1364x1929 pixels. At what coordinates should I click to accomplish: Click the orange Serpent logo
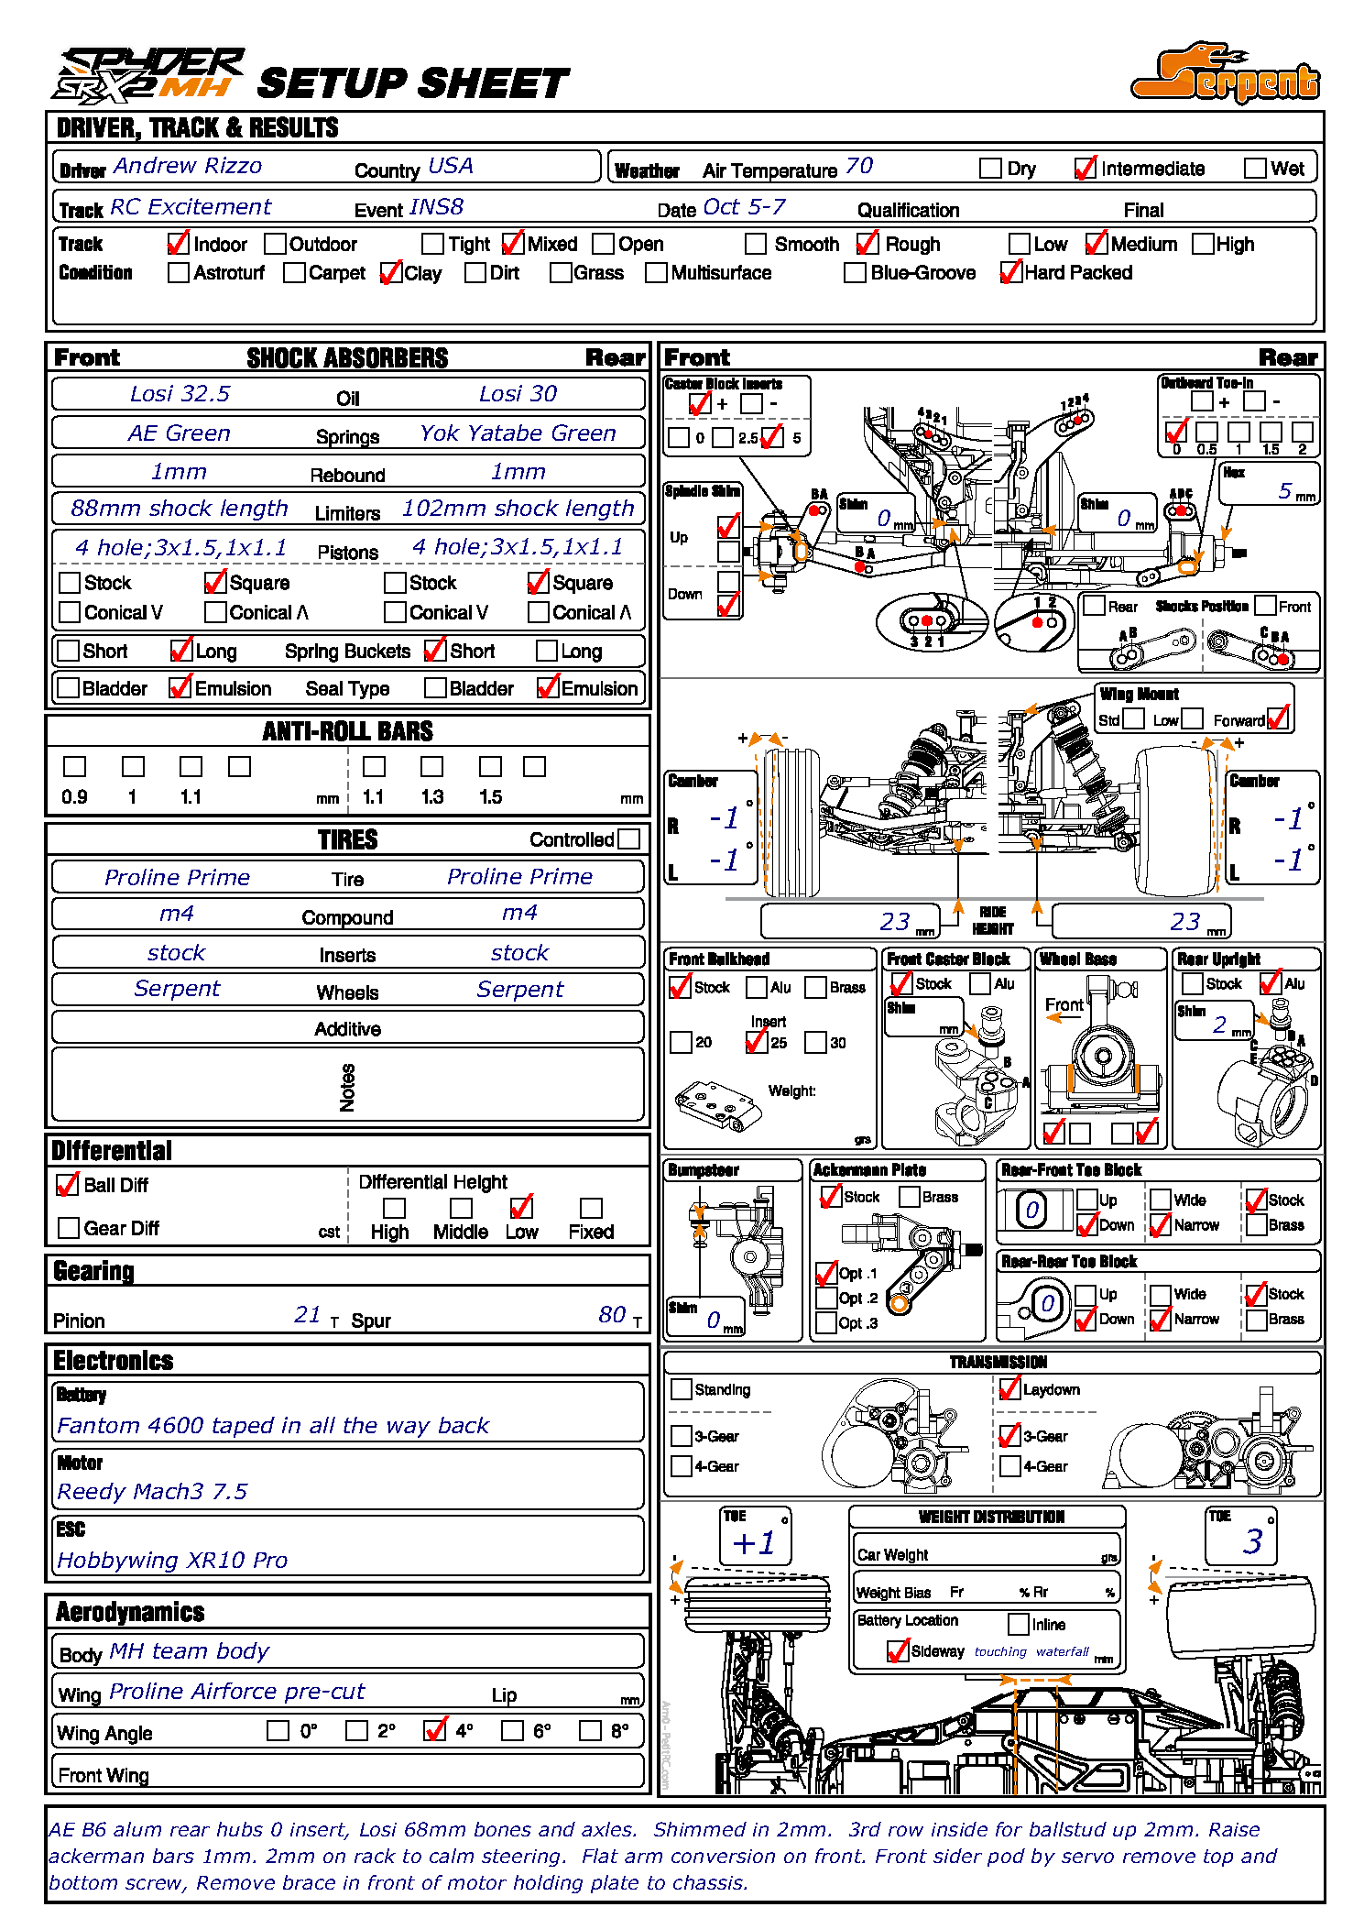tap(1226, 73)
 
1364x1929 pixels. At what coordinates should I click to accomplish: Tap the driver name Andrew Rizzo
tap(187, 166)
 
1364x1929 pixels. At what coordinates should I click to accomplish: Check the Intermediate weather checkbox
tap(1085, 169)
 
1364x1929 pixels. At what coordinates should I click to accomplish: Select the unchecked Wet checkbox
tap(1255, 169)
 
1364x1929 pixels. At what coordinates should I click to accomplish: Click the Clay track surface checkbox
tap(391, 273)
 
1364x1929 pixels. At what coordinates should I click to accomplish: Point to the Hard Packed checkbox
tap(1010, 273)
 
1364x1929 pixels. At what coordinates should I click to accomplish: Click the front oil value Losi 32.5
tap(180, 394)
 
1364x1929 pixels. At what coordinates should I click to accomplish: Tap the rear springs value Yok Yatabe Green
tap(518, 433)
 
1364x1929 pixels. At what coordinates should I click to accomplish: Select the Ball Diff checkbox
tap(68, 1185)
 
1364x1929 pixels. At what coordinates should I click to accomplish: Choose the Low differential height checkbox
tap(521, 1208)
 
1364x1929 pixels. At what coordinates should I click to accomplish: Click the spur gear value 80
tap(612, 1315)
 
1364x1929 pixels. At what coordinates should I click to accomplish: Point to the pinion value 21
tap(307, 1315)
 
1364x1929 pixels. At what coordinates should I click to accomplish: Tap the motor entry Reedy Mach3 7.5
tap(152, 1492)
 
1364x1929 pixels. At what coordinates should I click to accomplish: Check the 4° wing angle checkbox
tap(435, 1730)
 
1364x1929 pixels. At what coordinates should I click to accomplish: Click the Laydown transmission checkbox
tap(1009, 1389)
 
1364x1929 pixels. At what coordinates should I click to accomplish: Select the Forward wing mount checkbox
tap(1278, 718)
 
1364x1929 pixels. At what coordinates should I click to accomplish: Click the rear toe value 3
tap(1252, 1541)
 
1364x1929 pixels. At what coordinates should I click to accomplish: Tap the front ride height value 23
tap(894, 922)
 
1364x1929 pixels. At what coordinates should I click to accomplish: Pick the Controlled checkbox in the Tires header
tap(628, 838)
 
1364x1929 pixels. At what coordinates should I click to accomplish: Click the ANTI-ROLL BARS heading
tap(347, 731)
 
